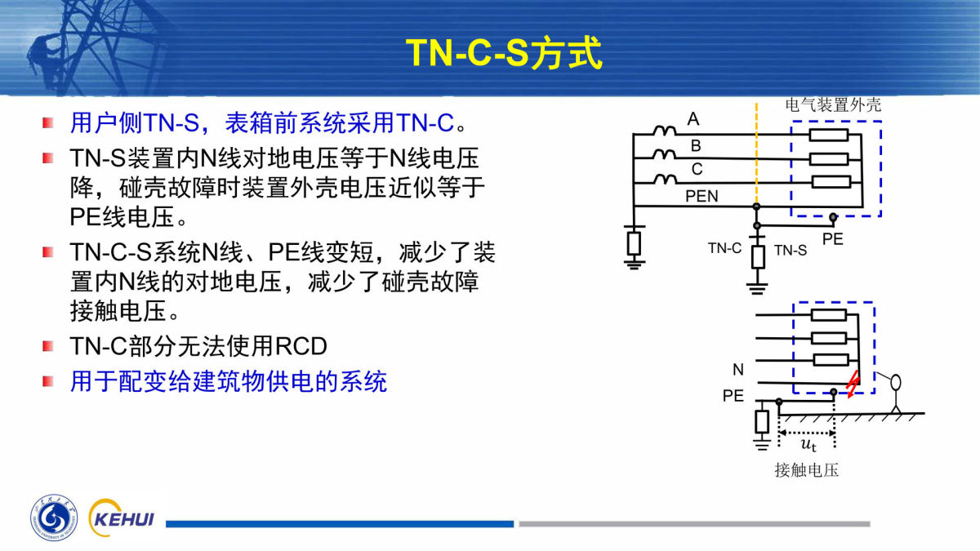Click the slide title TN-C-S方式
[505, 53]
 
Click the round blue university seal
[54, 518]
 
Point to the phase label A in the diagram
[693, 119]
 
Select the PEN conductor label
[702, 197]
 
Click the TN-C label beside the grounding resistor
[724, 248]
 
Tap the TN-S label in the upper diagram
[791, 250]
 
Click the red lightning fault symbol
[853, 384]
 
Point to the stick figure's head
[896, 383]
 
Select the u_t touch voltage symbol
[808, 444]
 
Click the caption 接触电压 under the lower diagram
[806, 470]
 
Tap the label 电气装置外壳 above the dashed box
[833, 105]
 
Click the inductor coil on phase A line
[665, 130]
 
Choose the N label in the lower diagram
[738, 370]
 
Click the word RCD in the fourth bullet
[301, 346]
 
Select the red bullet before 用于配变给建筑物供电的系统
[48, 381]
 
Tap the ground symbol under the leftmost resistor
[634, 264]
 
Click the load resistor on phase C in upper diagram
[831, 182]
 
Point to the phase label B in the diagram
[696, 145]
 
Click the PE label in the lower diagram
[733, 396]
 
